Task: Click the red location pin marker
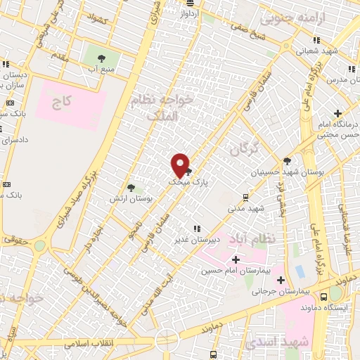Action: tap(181, 165)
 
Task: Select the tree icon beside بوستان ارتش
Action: tap(131, 187)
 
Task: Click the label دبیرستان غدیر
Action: tap(195, 239)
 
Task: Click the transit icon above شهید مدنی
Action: tap(245, 198)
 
